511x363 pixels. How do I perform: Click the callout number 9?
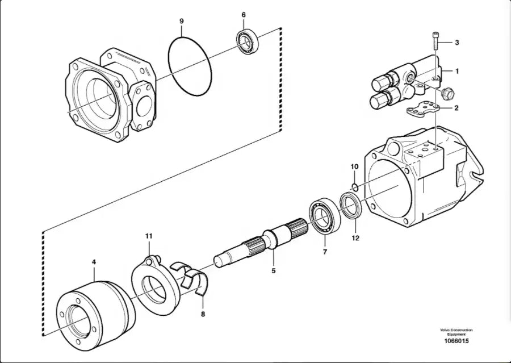pos(182,21)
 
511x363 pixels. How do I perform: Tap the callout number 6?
pos(244,14)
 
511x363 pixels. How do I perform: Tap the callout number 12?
pos(355,238)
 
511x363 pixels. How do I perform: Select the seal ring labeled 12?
pos(350,205)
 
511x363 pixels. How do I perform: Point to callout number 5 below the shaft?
pos(273,271)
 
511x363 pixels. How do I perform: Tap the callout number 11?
pos(148,236)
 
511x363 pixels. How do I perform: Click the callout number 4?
pos(94,262)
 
